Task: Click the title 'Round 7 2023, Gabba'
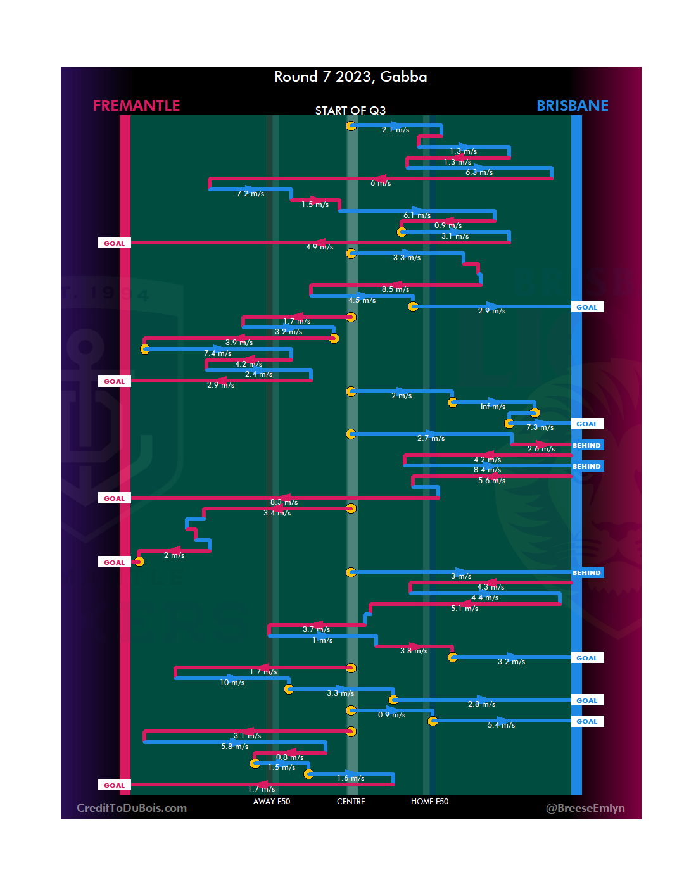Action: click(350, 77)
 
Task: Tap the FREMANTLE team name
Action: click(136, 106)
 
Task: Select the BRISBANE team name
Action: click(572, 106)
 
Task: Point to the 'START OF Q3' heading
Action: click(350, 111)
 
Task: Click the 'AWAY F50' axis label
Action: click(271, 802)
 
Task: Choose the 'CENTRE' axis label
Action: click(351, 802)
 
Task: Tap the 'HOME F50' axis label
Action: click(429, 802)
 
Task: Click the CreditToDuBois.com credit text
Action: click(132, 808)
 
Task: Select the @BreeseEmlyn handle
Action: click(585, 808)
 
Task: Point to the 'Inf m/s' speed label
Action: click(493, 407)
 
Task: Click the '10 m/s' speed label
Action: click(232, 683)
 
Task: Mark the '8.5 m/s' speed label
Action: click(395, 289)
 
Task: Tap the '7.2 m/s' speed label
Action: click(250, 194)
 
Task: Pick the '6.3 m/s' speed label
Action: click(479, 172)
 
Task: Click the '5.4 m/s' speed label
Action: click(501, 725)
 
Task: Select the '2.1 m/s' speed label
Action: click(395, 130)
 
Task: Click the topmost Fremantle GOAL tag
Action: click(114, 243)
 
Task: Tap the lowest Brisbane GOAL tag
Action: click(586, 722)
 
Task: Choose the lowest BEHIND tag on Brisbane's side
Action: click(586, 573)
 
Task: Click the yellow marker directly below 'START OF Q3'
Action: click(351, 126)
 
